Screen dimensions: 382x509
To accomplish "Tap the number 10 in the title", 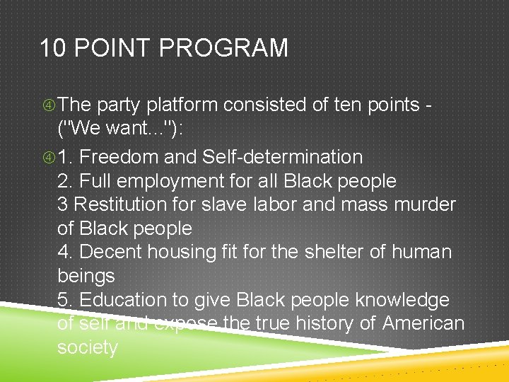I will point(53,48).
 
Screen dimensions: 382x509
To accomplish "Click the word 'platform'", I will point(182,105).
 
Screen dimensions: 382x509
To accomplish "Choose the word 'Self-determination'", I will point(282,157).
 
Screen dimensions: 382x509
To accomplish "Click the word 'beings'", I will point(86,276).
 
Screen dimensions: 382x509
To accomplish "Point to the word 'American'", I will point(423,323).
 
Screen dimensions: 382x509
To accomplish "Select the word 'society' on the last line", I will point(88,347).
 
